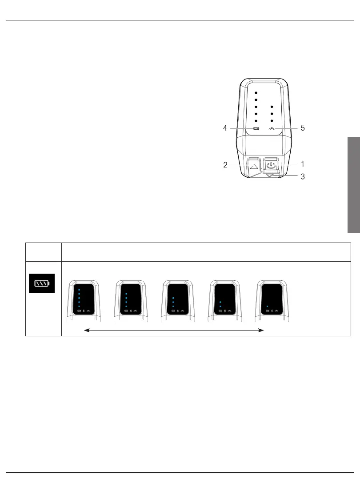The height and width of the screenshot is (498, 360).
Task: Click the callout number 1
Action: [302, 164]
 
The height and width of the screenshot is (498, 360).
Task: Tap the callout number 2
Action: [226, 165]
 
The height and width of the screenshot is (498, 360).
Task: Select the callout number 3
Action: [302, 177]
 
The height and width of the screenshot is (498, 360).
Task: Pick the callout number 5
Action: [302, 128]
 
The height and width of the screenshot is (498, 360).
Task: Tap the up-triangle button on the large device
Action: [254, 166]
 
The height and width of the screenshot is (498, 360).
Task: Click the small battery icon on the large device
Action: [256, 129]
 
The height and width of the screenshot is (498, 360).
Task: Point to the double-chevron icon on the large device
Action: [272, 129]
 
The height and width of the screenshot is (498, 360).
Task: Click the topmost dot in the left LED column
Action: [256, 93]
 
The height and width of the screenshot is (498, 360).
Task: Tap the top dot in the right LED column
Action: [272, 107]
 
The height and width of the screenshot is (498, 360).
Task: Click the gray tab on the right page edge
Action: [353, 184]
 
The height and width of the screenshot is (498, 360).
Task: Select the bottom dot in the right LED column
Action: [272, 121]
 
